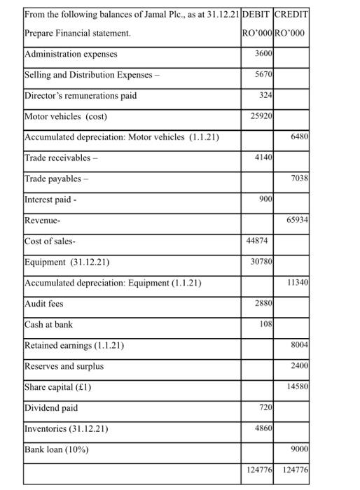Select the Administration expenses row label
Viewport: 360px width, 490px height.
pyautogui.click(x=71, y=54)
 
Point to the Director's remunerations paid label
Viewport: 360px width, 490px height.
pyautogui.click(x=81, y=96)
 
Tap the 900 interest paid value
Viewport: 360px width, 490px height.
pyautogui.click(x=265, y=199)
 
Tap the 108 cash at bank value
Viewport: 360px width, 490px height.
pyautogui.click(x=265, y=325)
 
